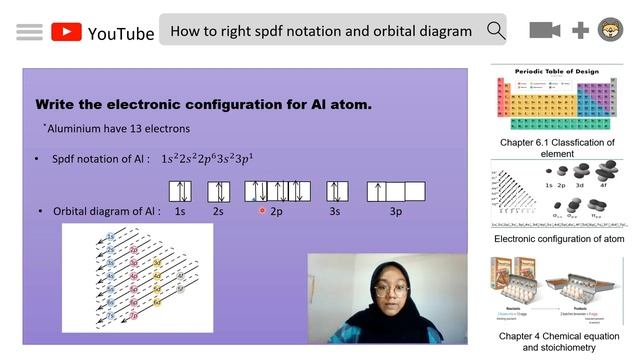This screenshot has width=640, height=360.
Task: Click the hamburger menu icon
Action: coord(29,32)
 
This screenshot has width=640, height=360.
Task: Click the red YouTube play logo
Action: coord(66,32)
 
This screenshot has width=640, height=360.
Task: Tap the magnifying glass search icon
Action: coord(496,30)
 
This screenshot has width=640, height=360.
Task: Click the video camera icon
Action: coord(544,30)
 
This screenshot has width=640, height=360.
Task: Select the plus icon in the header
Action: coord(580,30)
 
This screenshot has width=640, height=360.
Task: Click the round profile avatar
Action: coord(610,30)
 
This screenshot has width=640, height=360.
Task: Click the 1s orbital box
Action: coord(180,191)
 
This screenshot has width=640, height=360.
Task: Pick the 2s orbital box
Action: coord(217,191)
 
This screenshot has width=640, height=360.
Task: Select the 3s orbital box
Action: coord(334,191)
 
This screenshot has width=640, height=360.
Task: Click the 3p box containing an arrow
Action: coord(377,191)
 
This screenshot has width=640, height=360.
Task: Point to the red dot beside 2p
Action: coord(262,211)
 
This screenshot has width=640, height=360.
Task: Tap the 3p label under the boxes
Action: coord(396,212)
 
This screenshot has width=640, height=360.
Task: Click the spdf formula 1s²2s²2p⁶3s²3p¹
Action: coord(207,158)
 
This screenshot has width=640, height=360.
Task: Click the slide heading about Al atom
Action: coord(203,104)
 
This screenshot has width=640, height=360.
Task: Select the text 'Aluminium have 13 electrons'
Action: coord(117,129)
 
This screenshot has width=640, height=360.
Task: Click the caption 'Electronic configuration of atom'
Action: coord(558,239)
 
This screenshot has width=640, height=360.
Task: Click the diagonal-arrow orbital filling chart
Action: coord(137,277)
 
